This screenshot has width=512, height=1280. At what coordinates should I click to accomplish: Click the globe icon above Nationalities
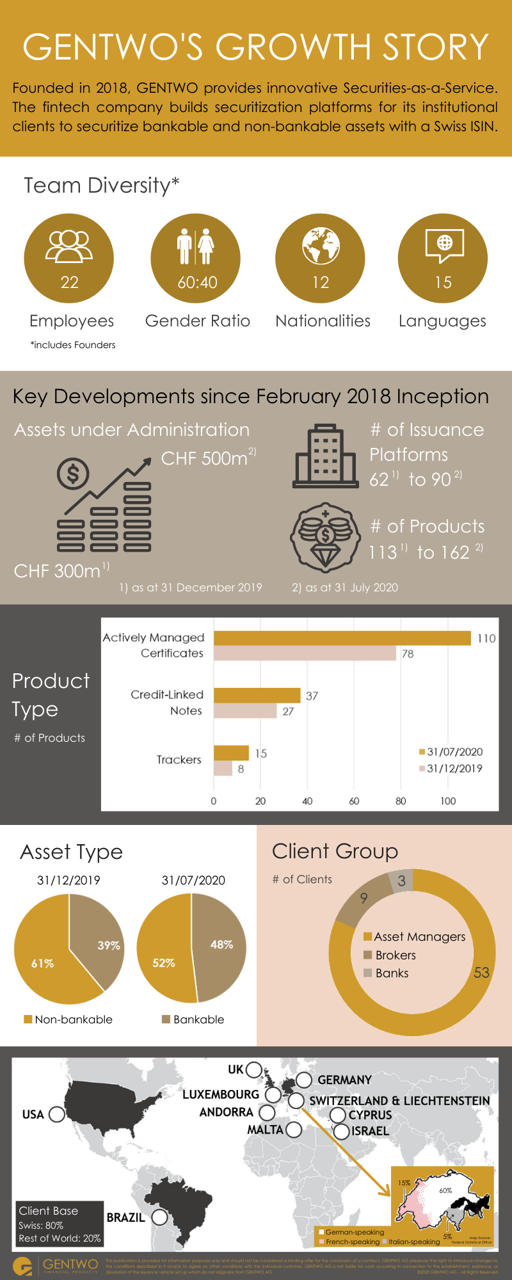(x=321, y=246)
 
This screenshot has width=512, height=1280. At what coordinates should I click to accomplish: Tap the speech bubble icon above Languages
(x=444, y=246)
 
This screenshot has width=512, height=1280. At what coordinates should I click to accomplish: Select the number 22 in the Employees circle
(x=69, y=282)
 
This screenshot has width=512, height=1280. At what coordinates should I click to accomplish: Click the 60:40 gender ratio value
(x=197, y=282)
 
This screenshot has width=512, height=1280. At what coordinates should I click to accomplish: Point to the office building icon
(x=325, y=456)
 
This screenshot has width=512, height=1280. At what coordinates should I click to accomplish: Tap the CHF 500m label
(x=205, y=458)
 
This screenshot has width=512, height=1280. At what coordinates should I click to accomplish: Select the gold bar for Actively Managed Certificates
(x=342, y=638)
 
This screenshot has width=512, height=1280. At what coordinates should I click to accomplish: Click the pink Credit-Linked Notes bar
(x=244, y=711)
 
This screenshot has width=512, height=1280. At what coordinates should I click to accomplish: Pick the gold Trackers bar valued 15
(x=231, y=753)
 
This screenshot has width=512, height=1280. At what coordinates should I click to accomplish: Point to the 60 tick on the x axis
(x=354, y=801)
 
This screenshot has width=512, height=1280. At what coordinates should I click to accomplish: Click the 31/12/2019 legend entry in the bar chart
(x=451, y=769)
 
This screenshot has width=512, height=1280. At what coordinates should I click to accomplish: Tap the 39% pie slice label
(x=109, y=945)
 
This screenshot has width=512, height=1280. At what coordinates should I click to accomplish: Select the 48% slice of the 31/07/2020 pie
(x=221, y=945)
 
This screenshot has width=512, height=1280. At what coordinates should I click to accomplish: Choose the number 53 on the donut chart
(x=481, y=973)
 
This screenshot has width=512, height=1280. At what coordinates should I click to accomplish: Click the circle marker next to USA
(x=56, y=1114)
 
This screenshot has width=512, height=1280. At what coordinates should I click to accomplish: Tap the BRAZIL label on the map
(x=125, y=1217)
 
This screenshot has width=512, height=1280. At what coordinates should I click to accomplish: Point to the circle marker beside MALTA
(x=294, y=1130)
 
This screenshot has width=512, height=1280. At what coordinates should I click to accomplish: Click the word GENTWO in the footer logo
(x=70, y=1264)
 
